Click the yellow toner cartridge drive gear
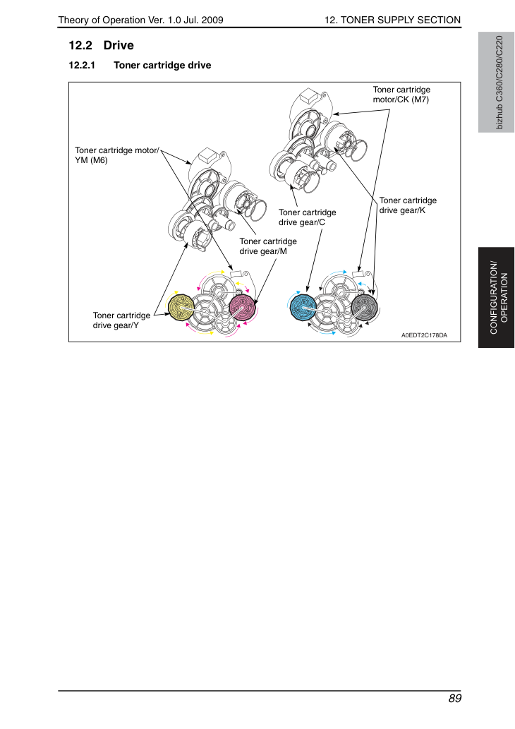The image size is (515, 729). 181,307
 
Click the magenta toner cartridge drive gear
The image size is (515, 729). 242,307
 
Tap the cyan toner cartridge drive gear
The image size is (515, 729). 303,307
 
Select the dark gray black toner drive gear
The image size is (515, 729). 365,307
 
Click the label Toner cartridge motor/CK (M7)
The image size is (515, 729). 401,95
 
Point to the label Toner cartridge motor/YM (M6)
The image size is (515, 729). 117,155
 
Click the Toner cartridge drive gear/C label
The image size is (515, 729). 307,217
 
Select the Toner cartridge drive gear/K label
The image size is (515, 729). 408,205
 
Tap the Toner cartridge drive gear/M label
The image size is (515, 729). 268,246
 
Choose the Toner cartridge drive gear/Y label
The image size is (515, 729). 121,320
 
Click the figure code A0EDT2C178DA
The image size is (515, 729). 425,335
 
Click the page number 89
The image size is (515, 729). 454,699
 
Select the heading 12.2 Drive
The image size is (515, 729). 102,45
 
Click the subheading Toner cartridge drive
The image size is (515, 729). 162,65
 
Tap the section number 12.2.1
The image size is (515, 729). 82,65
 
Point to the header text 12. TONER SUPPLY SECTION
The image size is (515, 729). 392,20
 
